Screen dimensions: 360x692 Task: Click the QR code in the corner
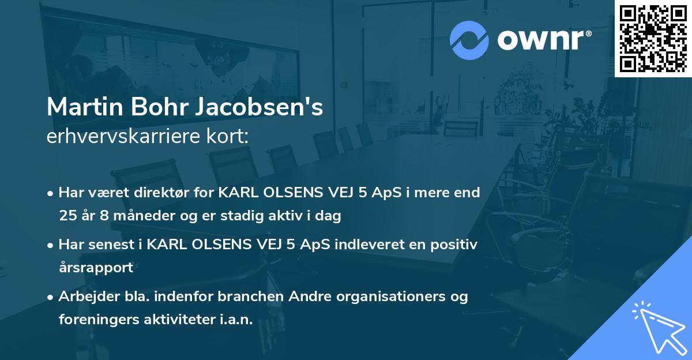click(x=653, y=39)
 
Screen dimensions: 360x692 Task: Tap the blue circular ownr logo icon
click(x=469, y=40)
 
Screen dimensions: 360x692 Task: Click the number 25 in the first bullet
click(x=67, y=216)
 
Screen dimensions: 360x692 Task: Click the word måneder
click(x=129, y=216)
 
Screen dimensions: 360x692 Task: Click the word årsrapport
click(x=96, y=268)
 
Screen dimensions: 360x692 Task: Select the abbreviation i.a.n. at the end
click(x=235, y=320)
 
